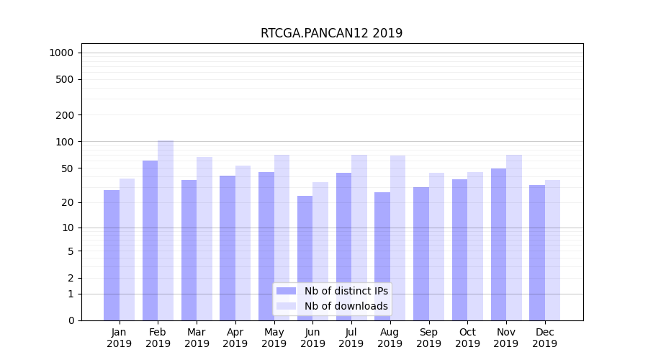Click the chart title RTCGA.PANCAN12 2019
coord(331,33)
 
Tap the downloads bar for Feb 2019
coord(166,230)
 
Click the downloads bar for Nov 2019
coord(514,238)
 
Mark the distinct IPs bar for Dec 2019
coord(537,253)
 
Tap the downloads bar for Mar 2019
coord(204,238)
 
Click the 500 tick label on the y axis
coord(65,79)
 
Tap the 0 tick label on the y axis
coord(71,320)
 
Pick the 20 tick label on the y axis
coord(68,202)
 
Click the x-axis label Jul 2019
coord(351,338)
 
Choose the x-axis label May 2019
coord(274,338)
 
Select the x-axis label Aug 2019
coord(390,338)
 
